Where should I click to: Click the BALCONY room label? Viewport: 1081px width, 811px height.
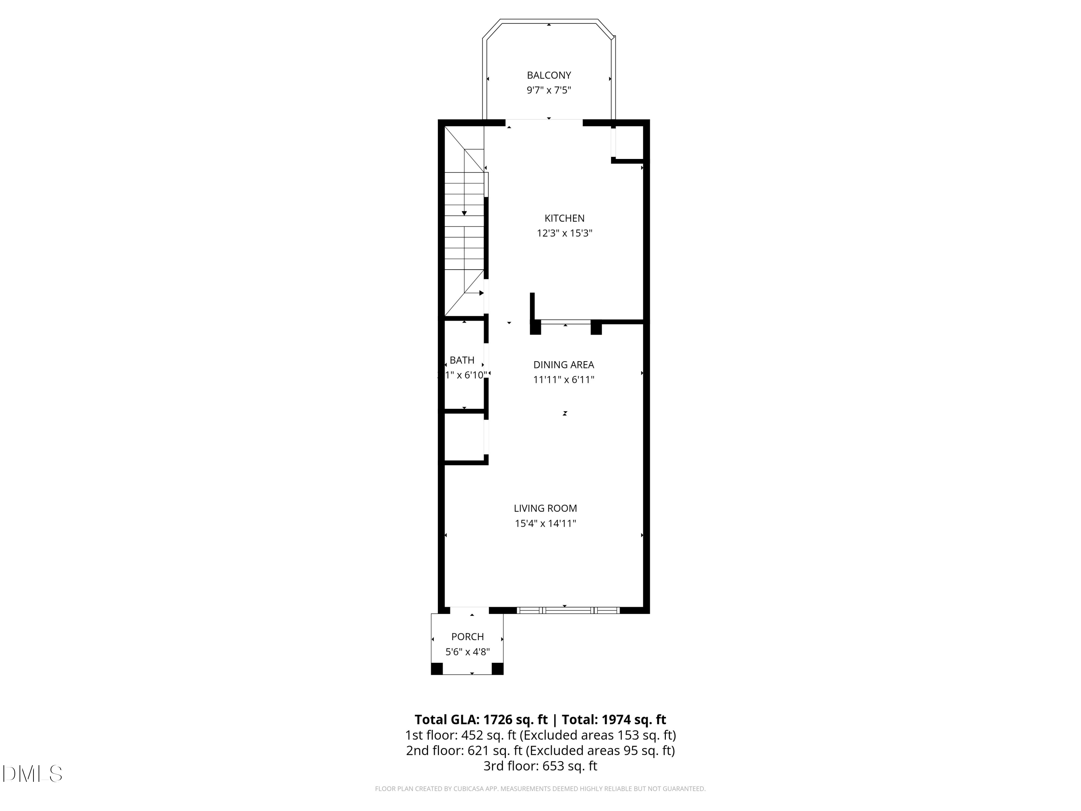548,75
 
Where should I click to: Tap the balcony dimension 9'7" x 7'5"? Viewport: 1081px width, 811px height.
548,90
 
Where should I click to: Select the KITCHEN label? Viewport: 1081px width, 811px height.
564,218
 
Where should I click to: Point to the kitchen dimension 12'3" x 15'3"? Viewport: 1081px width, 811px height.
564,233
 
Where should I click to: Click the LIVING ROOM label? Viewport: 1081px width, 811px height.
545,508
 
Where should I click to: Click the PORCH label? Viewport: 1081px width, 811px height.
467,637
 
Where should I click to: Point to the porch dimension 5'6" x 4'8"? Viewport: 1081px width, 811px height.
467,652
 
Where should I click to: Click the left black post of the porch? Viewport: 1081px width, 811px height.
436,668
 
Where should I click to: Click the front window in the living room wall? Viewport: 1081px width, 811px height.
568,610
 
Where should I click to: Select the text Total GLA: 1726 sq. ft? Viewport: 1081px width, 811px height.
481,719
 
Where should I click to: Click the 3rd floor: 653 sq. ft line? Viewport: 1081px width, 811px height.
540,766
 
